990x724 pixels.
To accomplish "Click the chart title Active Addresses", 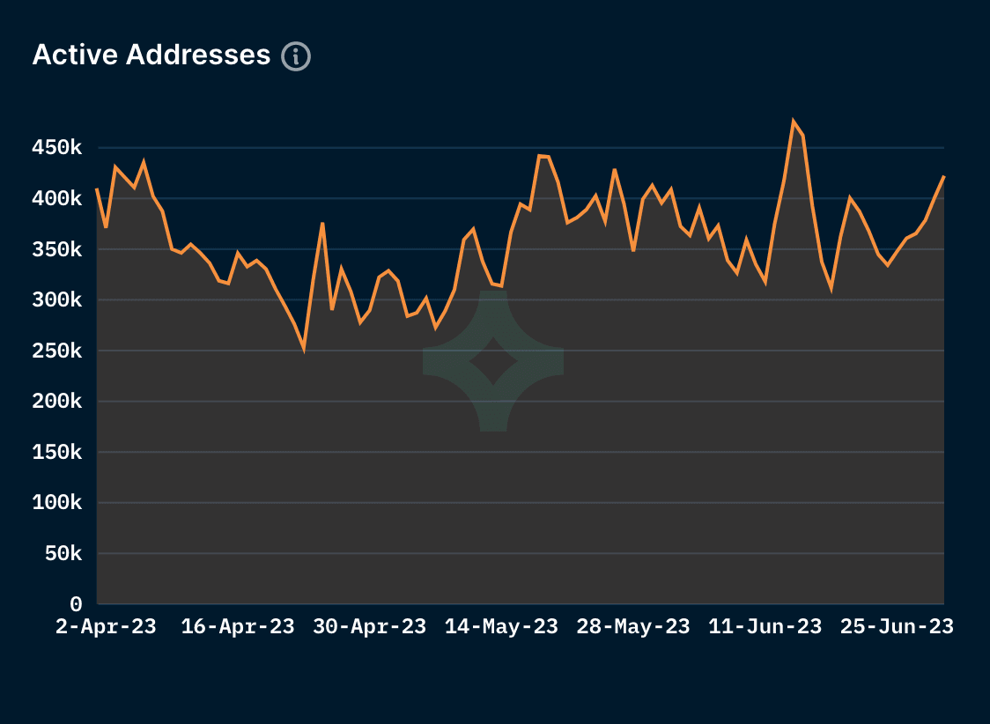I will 151,55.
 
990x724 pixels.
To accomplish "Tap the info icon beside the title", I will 296,56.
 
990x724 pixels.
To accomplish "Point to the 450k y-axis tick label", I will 56,148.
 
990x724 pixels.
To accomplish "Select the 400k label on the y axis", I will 56,199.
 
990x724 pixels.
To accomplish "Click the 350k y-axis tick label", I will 56,250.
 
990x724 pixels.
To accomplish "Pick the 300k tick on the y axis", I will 56,300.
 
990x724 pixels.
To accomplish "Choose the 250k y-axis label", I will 56,351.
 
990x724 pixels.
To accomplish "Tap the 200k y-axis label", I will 56,402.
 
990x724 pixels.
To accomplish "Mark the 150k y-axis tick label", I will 56,453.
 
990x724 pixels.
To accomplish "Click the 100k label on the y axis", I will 56,503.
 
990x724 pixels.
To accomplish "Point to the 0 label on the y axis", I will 76,605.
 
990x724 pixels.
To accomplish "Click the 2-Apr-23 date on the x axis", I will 106,627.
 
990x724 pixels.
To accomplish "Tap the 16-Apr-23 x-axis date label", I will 238,627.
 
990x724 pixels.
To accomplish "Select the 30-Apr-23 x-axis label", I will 370,627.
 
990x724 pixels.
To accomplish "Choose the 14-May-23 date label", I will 501,627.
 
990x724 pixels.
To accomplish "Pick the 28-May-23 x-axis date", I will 633,627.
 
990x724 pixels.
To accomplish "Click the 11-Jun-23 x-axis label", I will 765,627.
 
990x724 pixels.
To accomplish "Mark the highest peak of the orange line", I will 794,122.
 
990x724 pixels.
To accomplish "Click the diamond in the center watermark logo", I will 493,361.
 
